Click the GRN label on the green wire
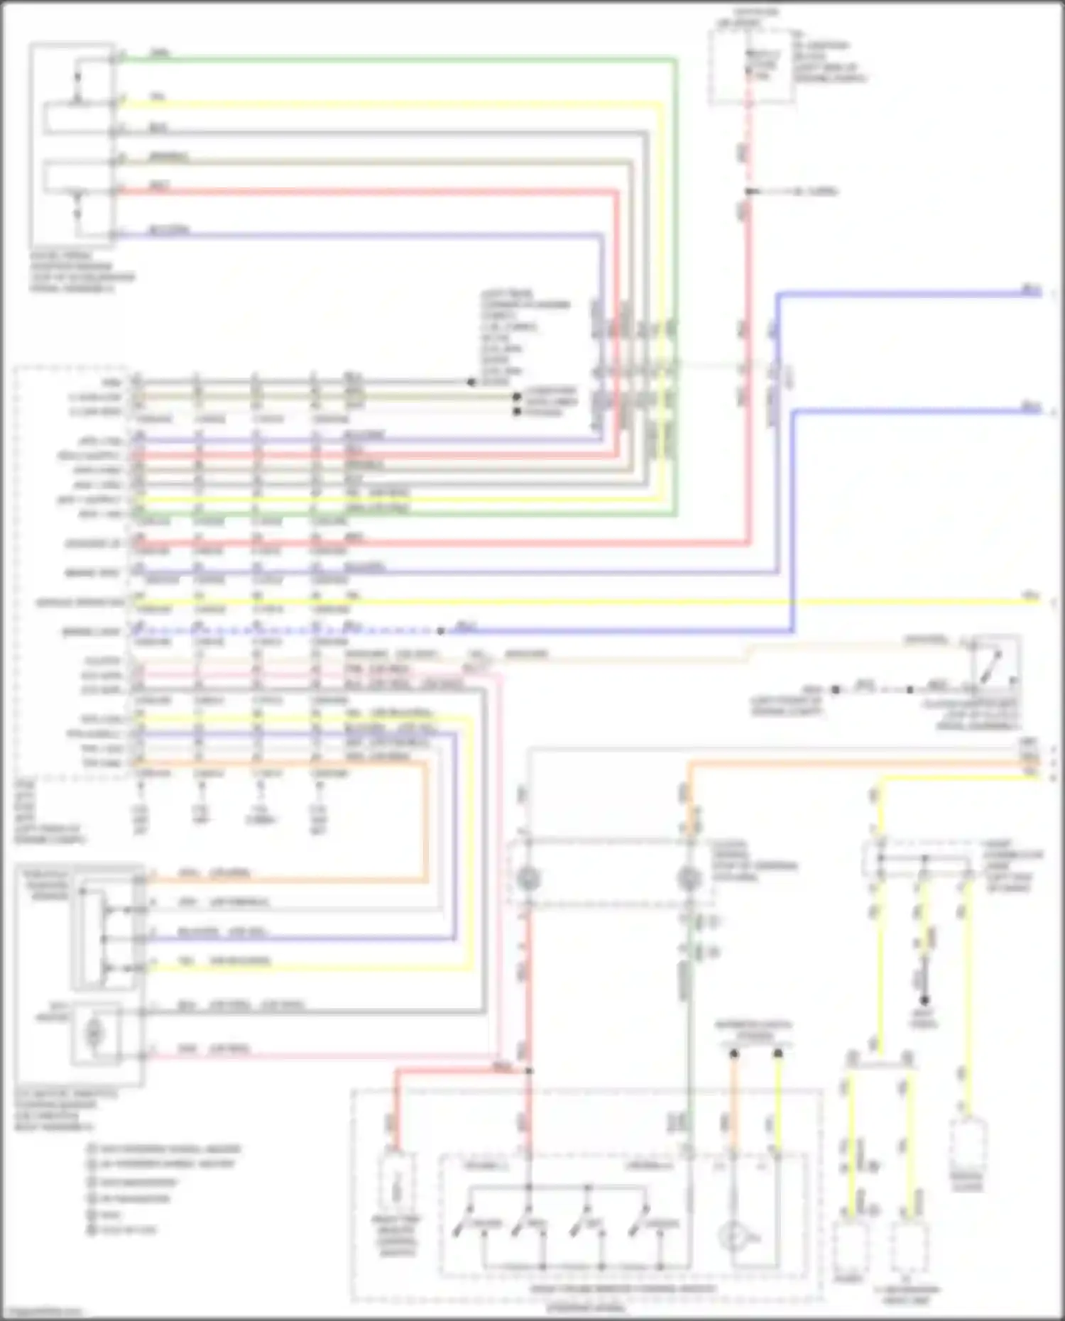160,53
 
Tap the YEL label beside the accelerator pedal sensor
158,97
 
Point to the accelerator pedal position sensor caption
82,272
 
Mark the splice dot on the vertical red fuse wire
749,192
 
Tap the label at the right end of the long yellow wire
1030,595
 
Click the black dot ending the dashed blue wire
441,631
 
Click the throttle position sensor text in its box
47,885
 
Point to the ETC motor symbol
94,1034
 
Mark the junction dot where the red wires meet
529,1070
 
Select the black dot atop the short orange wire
734,1054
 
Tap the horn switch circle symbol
731,1237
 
